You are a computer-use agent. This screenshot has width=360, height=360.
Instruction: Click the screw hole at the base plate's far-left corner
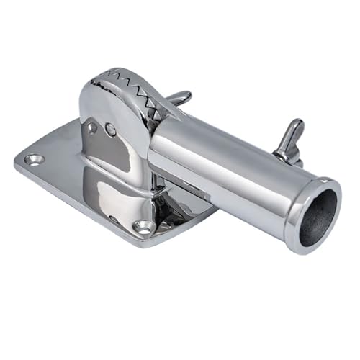pyautogui.click(x=33, y=159)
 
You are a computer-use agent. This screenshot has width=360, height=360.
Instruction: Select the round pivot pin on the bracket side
pyautogui.click(x=110, y=130)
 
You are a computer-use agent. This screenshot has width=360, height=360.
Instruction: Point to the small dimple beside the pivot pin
pyautogui.click(x=92, y=127)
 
